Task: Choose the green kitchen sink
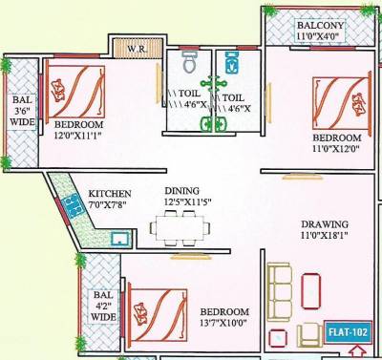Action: (x=120, y=238)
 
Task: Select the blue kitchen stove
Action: (x=70, y=205)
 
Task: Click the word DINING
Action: (x=180, y=190)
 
